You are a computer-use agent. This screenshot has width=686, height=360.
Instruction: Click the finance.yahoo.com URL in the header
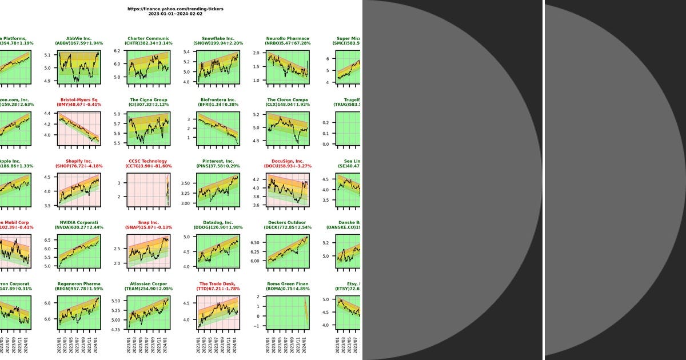pyautogui.click(x=176, y=9)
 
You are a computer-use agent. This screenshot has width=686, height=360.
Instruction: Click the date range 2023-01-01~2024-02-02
pyautogui.click(x=176, y=14)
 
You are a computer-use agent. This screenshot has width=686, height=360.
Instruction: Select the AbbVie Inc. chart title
pyautogui.click(x=79, y=39)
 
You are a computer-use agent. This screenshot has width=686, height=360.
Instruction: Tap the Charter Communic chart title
pyautogui.click(x=149, y=39)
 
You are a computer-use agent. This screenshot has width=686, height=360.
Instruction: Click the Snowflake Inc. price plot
pyautogui.click(x=219, y=66)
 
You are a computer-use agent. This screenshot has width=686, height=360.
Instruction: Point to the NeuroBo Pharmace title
pyautogui.click(x=288, y=39)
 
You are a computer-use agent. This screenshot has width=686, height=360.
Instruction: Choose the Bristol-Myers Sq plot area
pyautogui.click(x=79, y=127)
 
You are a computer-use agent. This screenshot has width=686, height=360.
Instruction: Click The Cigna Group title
pyautogui.click(x=149, y=100)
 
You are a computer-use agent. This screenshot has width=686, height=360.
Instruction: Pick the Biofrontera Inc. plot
pyautogui.click(x=219, y=127)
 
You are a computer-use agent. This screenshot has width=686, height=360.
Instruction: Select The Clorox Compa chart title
pyautogui.click(x=288, y=100)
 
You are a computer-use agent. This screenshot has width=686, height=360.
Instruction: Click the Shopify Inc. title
pyautogui.click(x=79, y=161)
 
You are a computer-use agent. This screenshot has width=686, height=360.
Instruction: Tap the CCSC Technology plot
pyautogui.click(x=149, y=189)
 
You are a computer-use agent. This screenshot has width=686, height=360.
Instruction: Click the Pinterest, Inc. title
pyautogui.click(x=219, y=161)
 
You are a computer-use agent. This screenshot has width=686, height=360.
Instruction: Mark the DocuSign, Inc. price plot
pyautogui.click(x=288, y=189)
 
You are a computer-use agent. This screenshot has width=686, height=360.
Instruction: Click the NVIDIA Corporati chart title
pyautogui.click(x=79, y=223)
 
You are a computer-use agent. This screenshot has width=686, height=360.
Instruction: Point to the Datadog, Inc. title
pyautogui.click(x=219, y=223)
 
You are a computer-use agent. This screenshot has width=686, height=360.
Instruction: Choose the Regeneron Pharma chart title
pyautogui.click(x=79, y=284)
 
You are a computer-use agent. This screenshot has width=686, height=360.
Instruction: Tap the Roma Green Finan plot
pyautogui.click(x=288, y=312)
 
